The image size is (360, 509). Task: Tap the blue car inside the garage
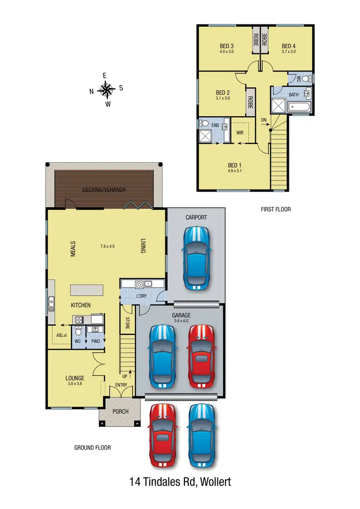coord(162,356)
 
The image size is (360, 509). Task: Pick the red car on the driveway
coord(162,435)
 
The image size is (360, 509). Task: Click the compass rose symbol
coord(106,89)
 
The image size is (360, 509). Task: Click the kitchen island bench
coord(87,291)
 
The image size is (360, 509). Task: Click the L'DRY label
coord(141,296)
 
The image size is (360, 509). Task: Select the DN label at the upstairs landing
coord(264,119)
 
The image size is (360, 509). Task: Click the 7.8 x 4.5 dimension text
coord(108,247)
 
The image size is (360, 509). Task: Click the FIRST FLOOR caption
coord(276,209)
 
